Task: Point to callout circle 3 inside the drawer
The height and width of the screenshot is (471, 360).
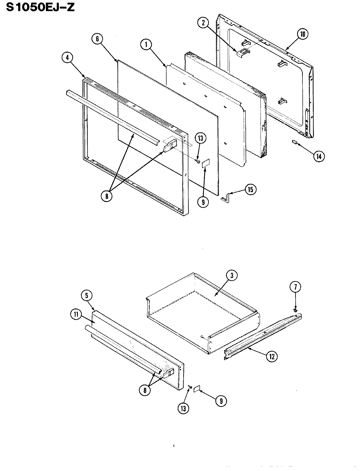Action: click(231, 275)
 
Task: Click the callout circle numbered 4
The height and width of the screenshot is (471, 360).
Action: click(67, 58)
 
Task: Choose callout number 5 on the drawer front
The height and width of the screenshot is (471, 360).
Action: click(86, 296)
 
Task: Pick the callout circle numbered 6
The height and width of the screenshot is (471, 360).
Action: click(97, 39)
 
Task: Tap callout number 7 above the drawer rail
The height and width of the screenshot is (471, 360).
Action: click(295, 288)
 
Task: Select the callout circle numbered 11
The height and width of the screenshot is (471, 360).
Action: click(76, 315)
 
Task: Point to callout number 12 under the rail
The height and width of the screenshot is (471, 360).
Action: click(272, 357)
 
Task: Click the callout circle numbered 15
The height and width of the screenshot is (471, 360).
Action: click(250, 190)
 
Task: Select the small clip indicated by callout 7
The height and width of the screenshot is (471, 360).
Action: click(296, 309)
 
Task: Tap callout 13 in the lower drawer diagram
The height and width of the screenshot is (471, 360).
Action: click(184, 408)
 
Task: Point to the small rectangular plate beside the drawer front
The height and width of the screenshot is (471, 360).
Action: click(197, 388)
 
